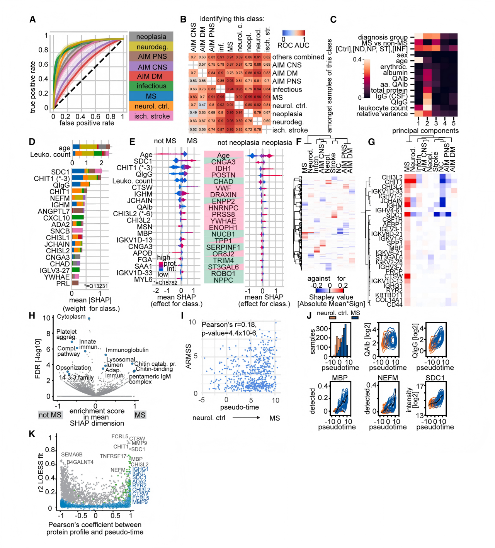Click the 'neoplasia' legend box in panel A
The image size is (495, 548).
151,37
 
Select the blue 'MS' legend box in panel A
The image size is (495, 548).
151,96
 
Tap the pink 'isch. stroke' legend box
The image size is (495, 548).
151,116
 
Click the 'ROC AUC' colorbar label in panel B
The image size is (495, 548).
293,46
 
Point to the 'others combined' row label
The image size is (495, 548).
298,57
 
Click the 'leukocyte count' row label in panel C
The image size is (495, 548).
383,108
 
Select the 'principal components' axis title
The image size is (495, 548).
425,131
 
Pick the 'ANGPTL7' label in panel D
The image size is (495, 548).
54,211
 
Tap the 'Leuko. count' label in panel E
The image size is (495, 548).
132,181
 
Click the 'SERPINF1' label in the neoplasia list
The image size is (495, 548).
223,247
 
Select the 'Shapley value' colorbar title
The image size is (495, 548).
331,297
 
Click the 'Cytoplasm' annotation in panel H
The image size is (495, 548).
71,317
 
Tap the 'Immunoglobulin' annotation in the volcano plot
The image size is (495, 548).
127,350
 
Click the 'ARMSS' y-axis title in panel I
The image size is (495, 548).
189,356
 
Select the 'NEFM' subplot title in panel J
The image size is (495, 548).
388,378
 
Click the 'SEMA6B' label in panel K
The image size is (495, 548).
72,455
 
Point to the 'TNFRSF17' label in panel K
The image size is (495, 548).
113,456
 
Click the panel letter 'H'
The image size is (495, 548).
32,316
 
